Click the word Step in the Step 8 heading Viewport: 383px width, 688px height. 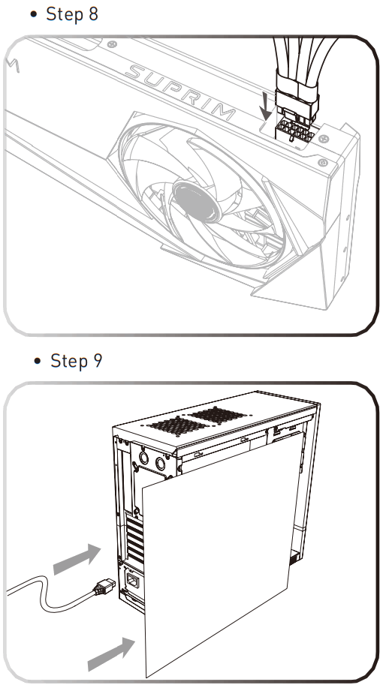pyautogui.click(x=65, y=14)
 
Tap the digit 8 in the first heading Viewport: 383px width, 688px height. pyautogui.click(x=93, y=14)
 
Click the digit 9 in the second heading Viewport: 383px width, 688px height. pyautogui.click(x=98, y=361)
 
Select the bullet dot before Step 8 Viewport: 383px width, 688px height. pyautogui.click(x=34, y=14)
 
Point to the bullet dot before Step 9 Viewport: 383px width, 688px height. pyautogui.click(x=38, y=361)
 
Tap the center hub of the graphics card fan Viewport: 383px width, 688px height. pyautogui.click(x=196, y=200)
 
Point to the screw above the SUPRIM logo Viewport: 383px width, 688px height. pyautogui.click(x=113, y=44)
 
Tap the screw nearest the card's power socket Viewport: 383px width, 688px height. pyautogui.click(x=325, y=139)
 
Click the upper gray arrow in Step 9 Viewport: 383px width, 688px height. pyautogui.click(x=77, y=558)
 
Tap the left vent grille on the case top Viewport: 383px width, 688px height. pyautogui.click(x=177, y=425)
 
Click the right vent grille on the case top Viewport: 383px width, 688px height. pyautogui.click(x=219, y=415)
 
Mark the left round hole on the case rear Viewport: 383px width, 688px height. pyautogui.click(x=143, y=458)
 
